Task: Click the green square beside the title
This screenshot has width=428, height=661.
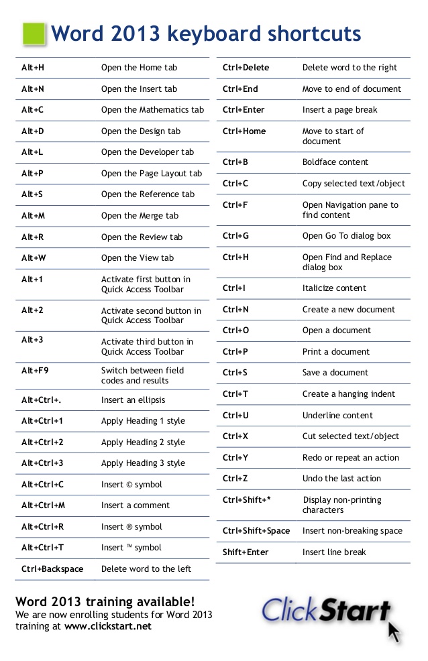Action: pos(34,34)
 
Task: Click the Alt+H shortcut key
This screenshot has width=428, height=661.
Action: pos(33,68)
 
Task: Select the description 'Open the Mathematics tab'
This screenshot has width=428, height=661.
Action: pos(152,110)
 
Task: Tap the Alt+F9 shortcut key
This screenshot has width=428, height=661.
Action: pos(36,371)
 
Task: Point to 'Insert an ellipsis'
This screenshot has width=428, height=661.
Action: pos(133,400)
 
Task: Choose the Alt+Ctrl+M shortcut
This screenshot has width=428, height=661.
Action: pos(43,505)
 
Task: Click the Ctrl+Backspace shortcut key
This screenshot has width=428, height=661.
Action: pos(52,569)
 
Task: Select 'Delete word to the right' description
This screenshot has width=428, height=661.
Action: pos(350,68)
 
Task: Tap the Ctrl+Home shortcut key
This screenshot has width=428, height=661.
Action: pos(244,131)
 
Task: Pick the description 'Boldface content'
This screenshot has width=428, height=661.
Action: pos(335,162)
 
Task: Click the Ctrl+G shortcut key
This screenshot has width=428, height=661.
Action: pos(235,236)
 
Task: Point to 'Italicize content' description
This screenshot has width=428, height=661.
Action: pos(334,288)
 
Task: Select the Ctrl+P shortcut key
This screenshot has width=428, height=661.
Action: pos(235,352)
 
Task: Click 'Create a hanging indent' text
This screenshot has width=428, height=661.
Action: pos(349,394)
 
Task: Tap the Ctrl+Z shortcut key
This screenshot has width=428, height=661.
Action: pos(235,479)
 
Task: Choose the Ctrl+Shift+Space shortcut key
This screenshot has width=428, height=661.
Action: pos(256,531)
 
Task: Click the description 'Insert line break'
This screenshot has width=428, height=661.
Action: pos(335,552)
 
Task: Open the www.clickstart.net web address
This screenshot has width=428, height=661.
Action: pos(108,627)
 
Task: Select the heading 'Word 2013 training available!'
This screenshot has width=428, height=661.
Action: pos(105,601)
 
